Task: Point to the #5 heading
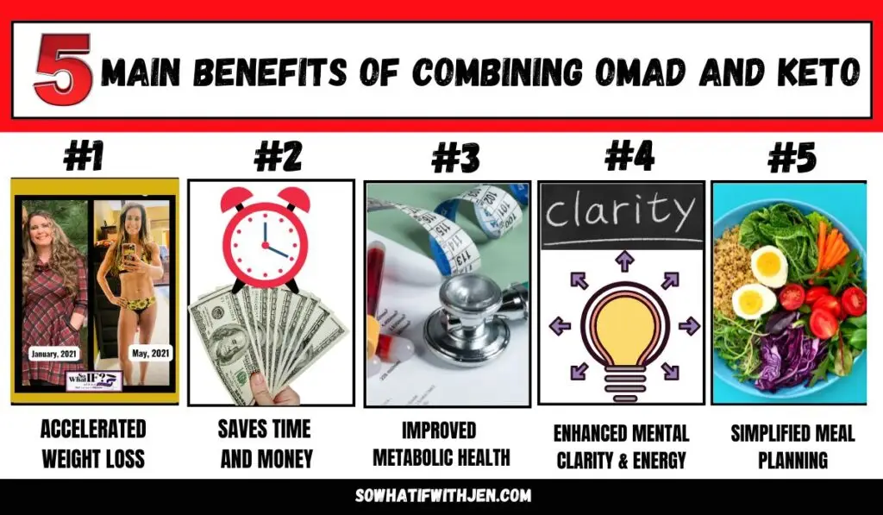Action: [791, 160]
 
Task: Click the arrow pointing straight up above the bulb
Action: [620, 261]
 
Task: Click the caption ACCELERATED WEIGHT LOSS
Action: [93, 443]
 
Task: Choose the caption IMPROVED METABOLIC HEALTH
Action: [441, 443]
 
